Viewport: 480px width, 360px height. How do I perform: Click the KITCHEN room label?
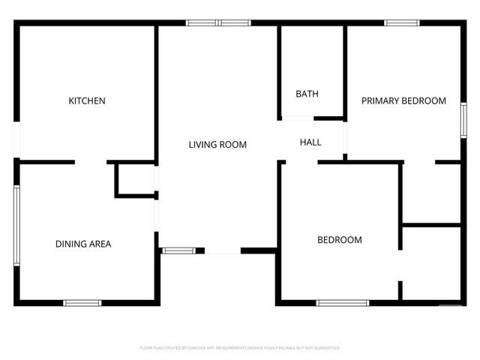click(x=87, y=101)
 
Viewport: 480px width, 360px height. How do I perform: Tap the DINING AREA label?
click(x=83, y=244)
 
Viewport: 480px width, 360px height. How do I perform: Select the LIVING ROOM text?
click(x=217, y=145)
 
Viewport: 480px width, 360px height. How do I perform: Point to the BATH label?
click(x=307, y=94)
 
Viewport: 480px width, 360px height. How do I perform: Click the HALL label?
click(x=310, y=142)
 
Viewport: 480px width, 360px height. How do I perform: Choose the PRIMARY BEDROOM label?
click(x=403, y=101)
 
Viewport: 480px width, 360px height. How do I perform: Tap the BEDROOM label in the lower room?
click(x=339, y=240)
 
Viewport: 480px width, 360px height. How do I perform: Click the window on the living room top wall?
click(x=218, y=23)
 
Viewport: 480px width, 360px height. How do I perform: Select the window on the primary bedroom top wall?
click(x=402, y=23)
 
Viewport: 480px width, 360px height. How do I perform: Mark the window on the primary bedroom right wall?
click(x=463, y=119)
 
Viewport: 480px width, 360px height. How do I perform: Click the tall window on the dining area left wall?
click(x=16, y=224)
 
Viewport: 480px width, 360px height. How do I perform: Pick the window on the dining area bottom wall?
click(x=82, y=303)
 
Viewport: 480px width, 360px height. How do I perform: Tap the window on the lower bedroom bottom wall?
click(x=342, y=303)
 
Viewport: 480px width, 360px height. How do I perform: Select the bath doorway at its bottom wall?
click(x=298, y=118)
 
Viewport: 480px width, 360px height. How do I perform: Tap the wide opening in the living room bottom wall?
click(x=222, y=251)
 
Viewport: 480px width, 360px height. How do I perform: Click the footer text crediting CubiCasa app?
click(x=240, y=348)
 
